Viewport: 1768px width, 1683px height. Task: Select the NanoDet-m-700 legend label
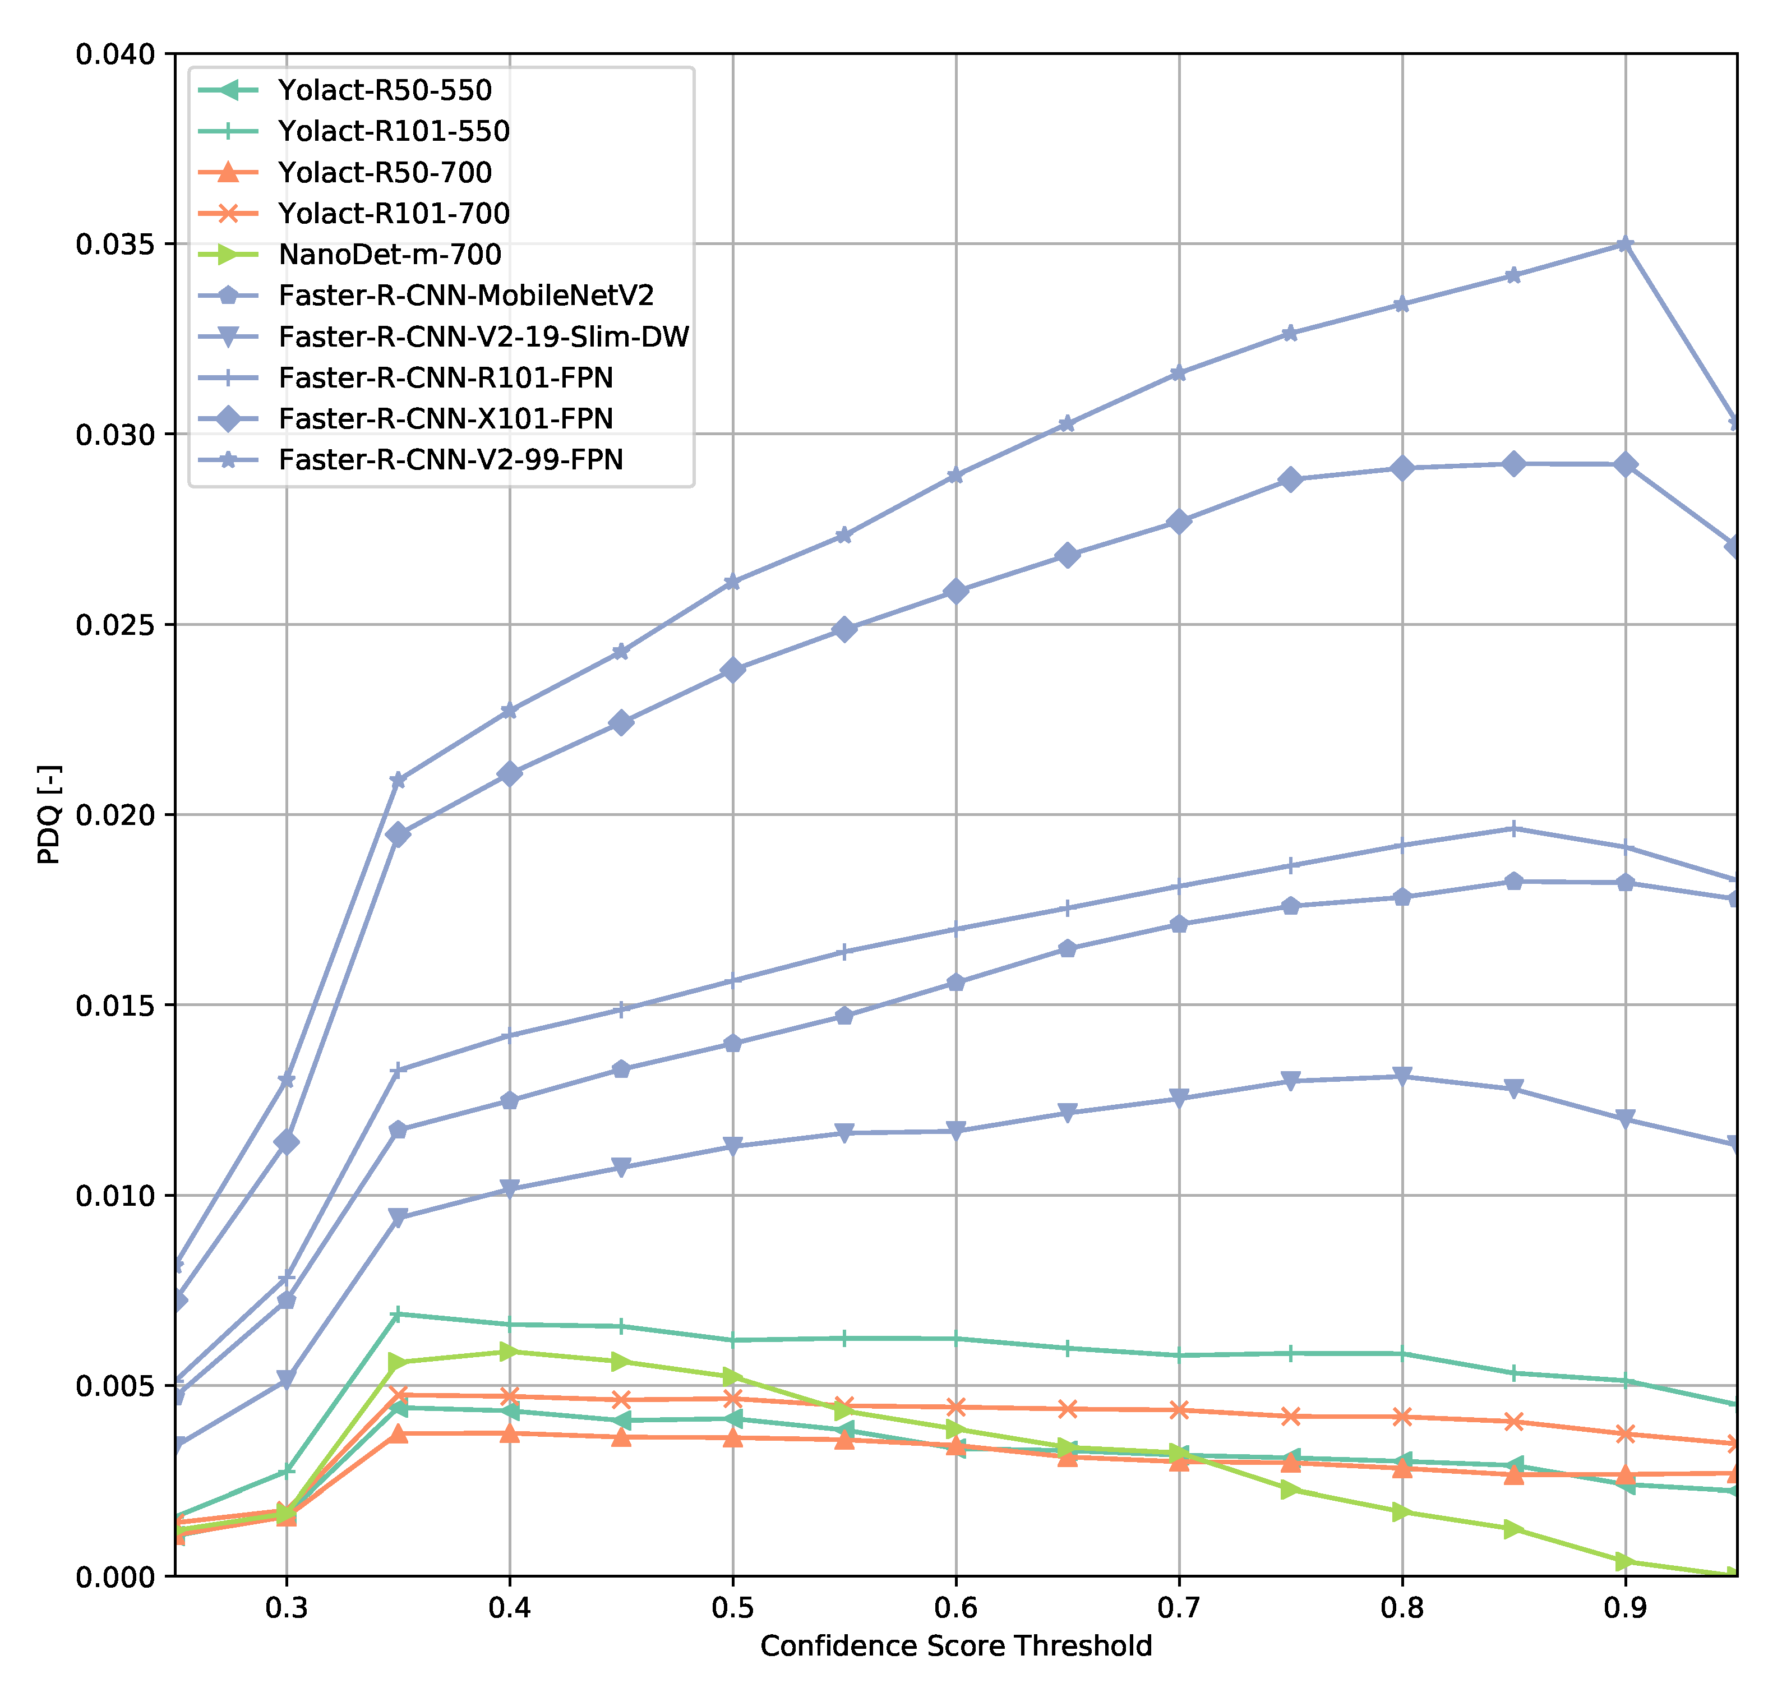(x=389, y=254)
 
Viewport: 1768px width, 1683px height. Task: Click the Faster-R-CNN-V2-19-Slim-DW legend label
(x=483, y=336)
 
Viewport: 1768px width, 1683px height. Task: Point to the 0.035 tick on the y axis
(x=115, y=244)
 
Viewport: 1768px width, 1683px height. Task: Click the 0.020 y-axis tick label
(x=115, y=815)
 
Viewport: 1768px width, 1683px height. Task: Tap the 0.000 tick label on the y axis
(x=115, y=1576)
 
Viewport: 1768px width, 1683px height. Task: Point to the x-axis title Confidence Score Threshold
(x=955, y=1647)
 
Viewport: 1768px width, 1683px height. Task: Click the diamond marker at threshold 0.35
(x=398, y=835)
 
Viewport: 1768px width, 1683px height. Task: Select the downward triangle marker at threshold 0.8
(x=1402, y=1077)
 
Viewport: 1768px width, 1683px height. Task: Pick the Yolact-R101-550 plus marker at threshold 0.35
(x=398, y=1315)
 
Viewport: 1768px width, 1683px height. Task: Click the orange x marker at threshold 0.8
(x=1402, y=1417)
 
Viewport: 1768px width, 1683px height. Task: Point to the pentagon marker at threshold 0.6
(x=955, y=983)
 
